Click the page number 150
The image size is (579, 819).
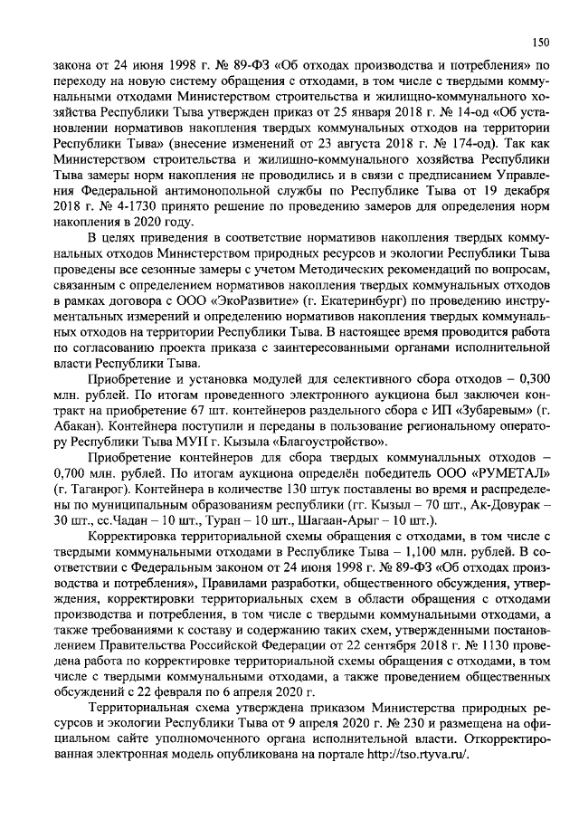[540, 42]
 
